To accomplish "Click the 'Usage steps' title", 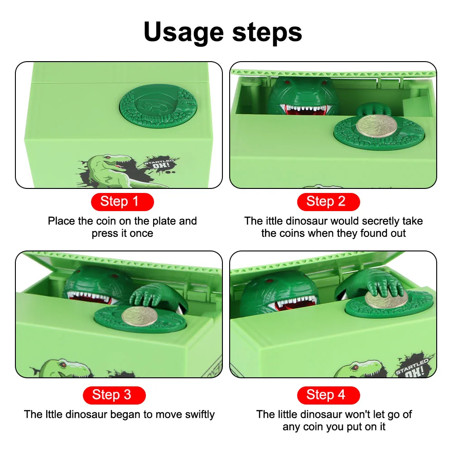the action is (223, 32).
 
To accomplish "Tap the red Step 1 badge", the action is (122, 202).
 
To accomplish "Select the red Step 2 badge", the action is (328, 202).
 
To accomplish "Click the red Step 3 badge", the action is (114, 395).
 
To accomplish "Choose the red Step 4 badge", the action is (328, 395).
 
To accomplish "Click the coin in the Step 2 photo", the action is (376, 126).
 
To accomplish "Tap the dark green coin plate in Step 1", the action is (158, 106).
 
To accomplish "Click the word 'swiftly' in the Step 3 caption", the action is (200, 414).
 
